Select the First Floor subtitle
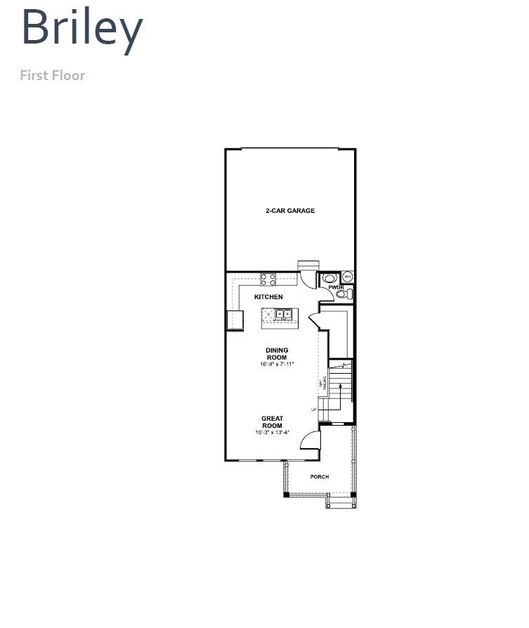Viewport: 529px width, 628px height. (x=52, y=74)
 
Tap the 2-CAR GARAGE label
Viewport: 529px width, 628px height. (x=290, y=211)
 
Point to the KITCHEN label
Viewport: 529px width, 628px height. (x=268, y=297)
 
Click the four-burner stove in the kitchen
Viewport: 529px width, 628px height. (x=268, y=279)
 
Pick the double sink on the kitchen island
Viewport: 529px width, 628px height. (x=283, y=314)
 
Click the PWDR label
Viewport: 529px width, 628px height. (x=336, y=287)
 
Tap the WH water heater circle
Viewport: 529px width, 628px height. (x=347, y=277)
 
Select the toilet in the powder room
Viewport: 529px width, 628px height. (x=344, y=295)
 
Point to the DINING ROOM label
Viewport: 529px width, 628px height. (x=276, y=353)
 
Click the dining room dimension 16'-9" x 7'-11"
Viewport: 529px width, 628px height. (x=276, y=365)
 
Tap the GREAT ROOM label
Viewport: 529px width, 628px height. (x=272, y=422)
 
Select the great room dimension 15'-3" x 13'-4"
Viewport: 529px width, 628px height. (x=272, y=433)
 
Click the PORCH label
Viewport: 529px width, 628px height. (x=320, y=477)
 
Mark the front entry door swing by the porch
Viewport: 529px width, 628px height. (x=311, y=440)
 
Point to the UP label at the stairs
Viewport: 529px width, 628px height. (x=314, y=409)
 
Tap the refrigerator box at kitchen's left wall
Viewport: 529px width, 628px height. (x=235, y=320)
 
